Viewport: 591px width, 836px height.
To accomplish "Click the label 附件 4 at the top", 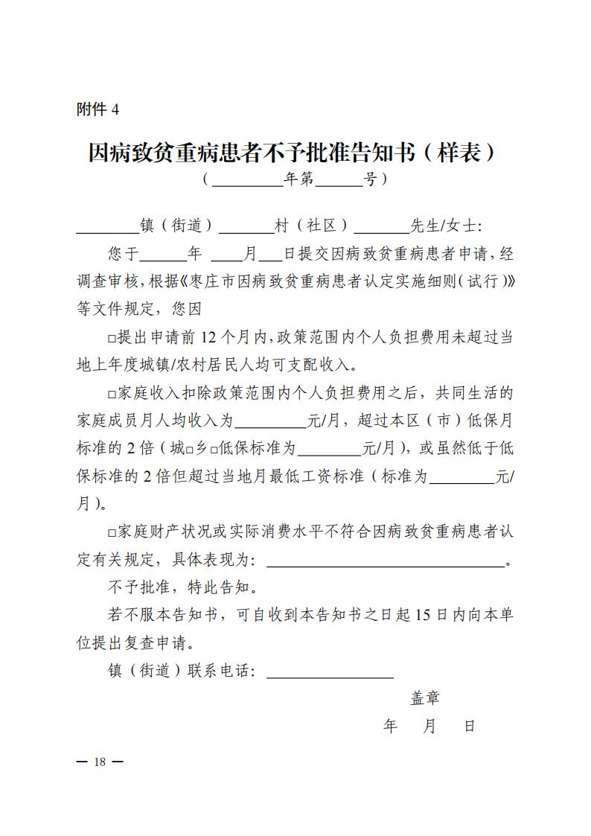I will [x=98, y=109].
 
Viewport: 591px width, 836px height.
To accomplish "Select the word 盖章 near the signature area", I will [x=425, y=698].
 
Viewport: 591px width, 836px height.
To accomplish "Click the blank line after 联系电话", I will [x=330, y=672].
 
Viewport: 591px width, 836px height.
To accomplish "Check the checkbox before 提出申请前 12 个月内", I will [x=112, y=339].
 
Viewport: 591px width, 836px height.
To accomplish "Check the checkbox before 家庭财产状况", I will [x=112, y=533].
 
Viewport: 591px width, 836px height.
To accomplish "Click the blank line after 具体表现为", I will [x=386, y=561].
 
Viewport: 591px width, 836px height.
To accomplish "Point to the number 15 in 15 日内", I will [x=424, y=615].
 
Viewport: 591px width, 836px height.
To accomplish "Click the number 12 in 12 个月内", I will [x=209, y=337].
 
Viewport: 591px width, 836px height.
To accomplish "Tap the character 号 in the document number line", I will [x=370, y=179].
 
